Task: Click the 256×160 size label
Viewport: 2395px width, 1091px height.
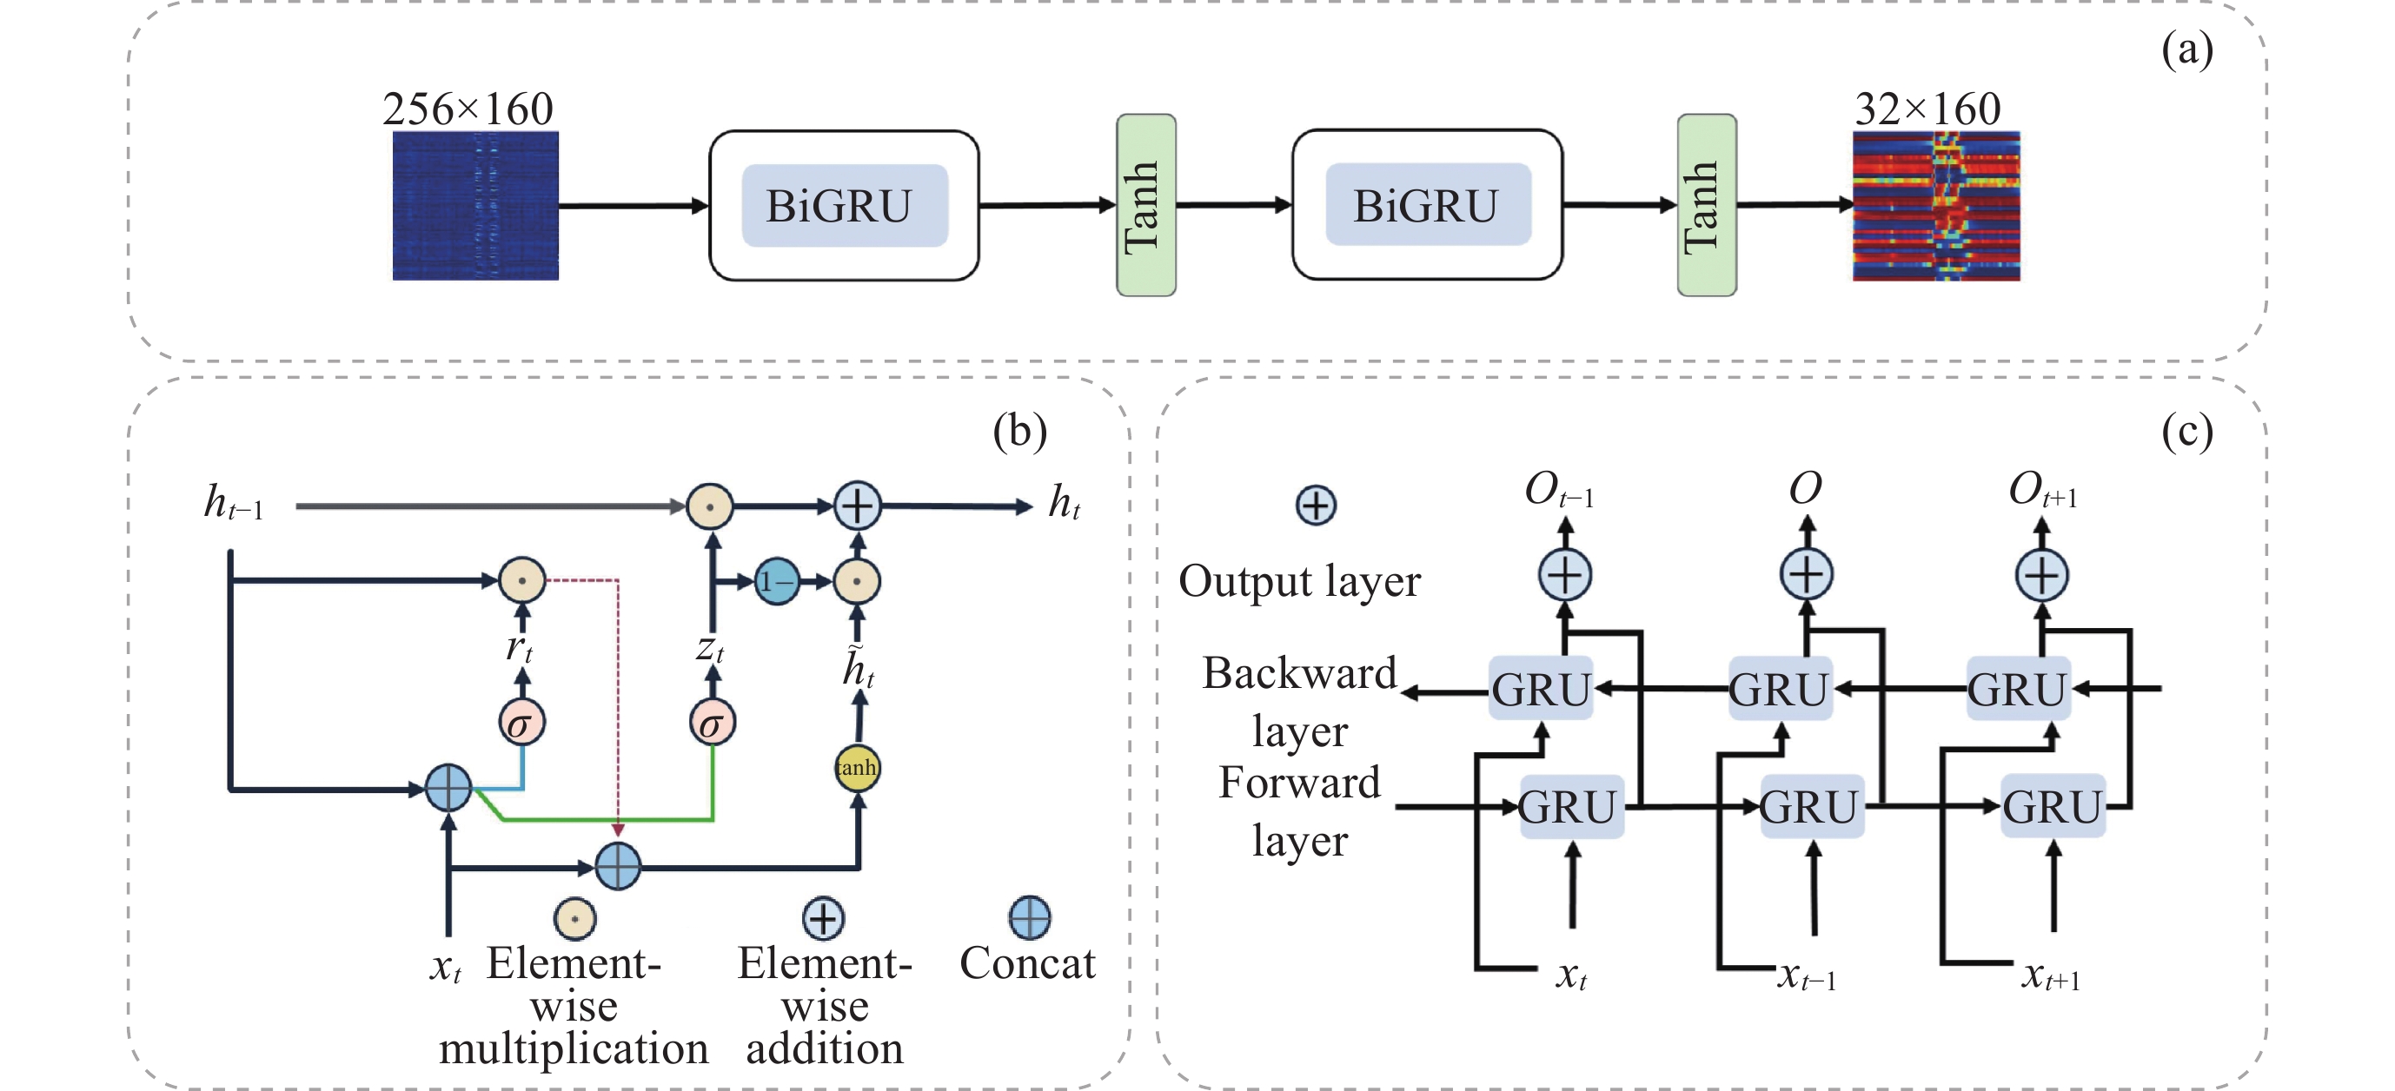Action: [468, 109]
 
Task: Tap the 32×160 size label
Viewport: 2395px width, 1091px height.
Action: [1927, 109]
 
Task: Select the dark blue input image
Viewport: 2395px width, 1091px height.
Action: [475, 205]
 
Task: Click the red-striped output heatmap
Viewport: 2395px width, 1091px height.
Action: [1935, 205]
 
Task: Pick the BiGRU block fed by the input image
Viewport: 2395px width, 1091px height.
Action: [843, 205]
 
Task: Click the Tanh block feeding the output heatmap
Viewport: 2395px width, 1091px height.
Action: [1706, 205]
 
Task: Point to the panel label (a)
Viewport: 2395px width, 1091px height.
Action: [2186, 50]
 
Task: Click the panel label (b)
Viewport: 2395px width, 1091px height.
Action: [1019, 431]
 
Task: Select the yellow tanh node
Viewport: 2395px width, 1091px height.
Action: [856, 768]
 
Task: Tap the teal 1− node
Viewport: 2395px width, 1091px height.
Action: [776, 582]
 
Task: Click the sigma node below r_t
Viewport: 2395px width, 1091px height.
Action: [521, 723]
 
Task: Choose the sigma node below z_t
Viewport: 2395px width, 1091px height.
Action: [713, 723]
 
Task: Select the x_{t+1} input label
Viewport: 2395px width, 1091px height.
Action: [2050, 975]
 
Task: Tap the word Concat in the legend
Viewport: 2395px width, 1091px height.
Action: [1027, 962]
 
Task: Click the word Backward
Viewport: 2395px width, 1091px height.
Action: [1299, 673]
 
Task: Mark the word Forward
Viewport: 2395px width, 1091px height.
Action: [1299, 783]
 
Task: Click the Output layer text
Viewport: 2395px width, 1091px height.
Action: [1299, 582]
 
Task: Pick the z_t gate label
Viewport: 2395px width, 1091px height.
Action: [710, 648]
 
